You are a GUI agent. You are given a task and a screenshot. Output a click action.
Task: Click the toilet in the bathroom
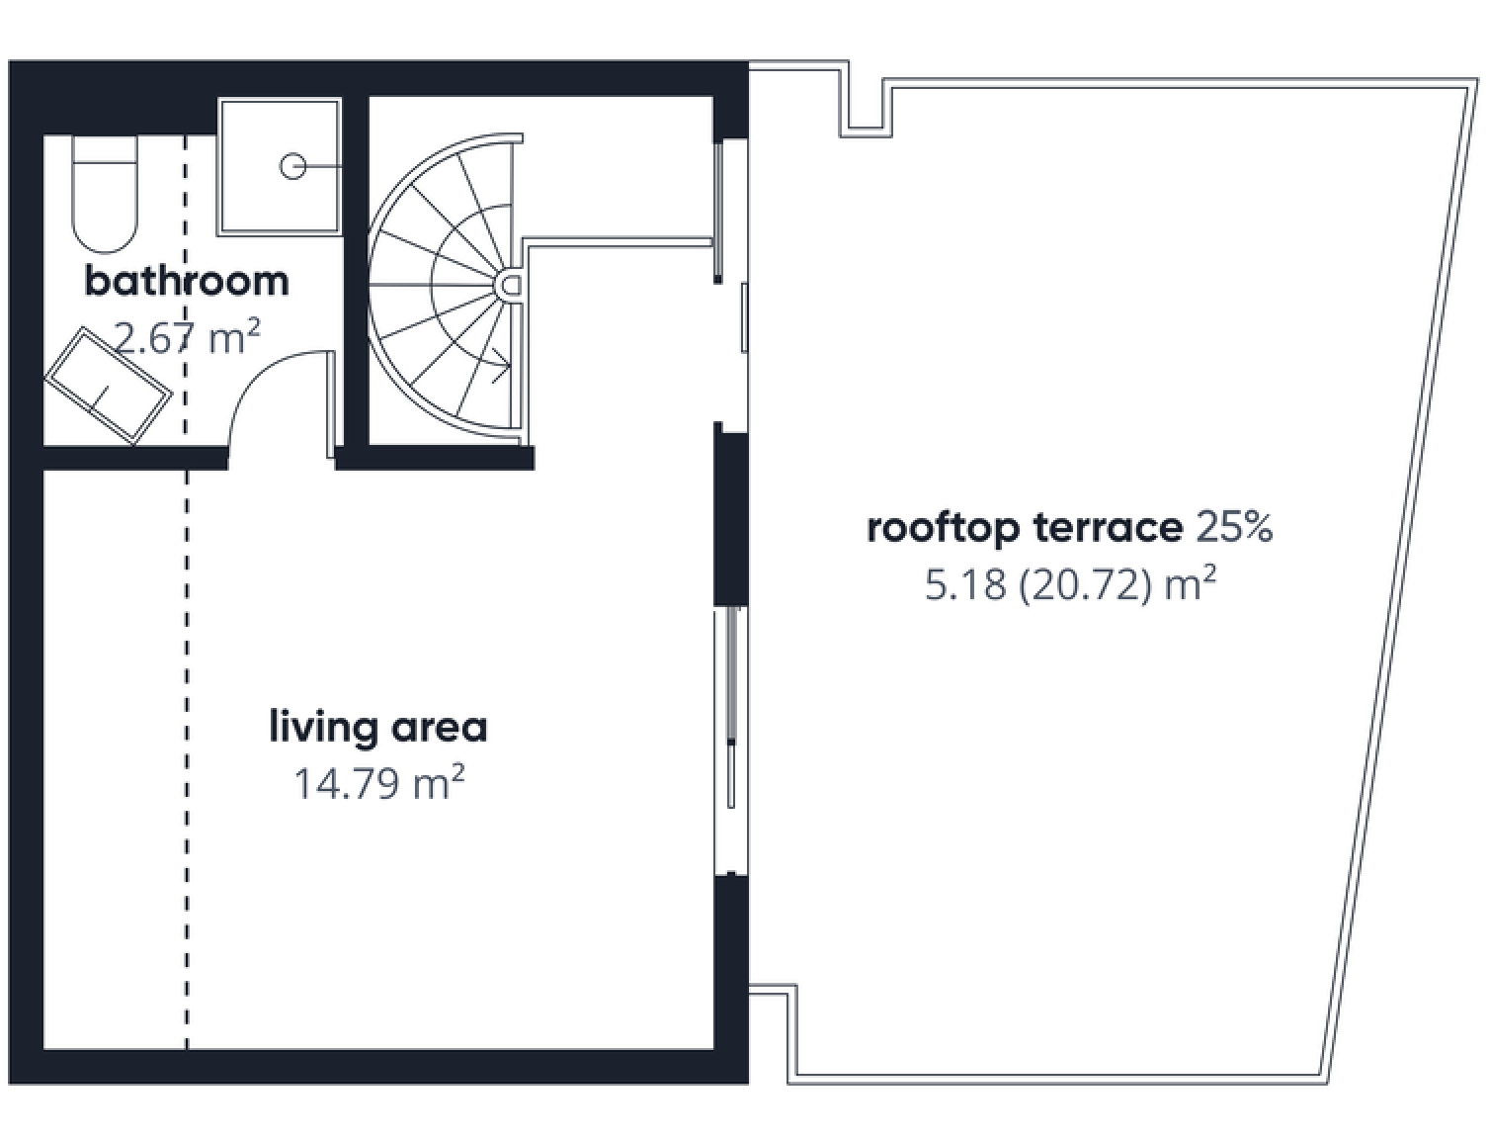pyautogui.click(x=105, y=194)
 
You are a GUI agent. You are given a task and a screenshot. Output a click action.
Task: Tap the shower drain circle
pyautogui.click(x=293, y=166)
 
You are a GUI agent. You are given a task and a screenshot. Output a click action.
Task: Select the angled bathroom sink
pyautogui.click(x=109, y=386)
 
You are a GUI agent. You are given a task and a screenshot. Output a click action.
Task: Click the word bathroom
pyautogui.click(x=187, y=282)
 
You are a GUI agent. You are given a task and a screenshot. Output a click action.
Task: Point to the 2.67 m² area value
pyautogui.click(x=187, y=338)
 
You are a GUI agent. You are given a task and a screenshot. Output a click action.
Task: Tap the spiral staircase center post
pyautogui.click(x=509, y=285)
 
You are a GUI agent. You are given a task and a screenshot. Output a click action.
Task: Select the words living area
pyautogui.click(x=378, y=728)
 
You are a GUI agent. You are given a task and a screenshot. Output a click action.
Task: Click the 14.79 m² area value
pyautogui.click(x=379, y=783)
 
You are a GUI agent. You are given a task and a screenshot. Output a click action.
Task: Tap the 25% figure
pyautogui.click(x=1234, y=528)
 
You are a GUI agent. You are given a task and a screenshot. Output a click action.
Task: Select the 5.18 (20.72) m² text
pyautogui.click(x=1070, y=584)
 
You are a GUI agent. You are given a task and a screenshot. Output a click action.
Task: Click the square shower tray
pyautogui.click(x=280, y=166)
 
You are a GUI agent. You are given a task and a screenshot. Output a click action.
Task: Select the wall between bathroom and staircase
pyautogui.click(x=355, y=271)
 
